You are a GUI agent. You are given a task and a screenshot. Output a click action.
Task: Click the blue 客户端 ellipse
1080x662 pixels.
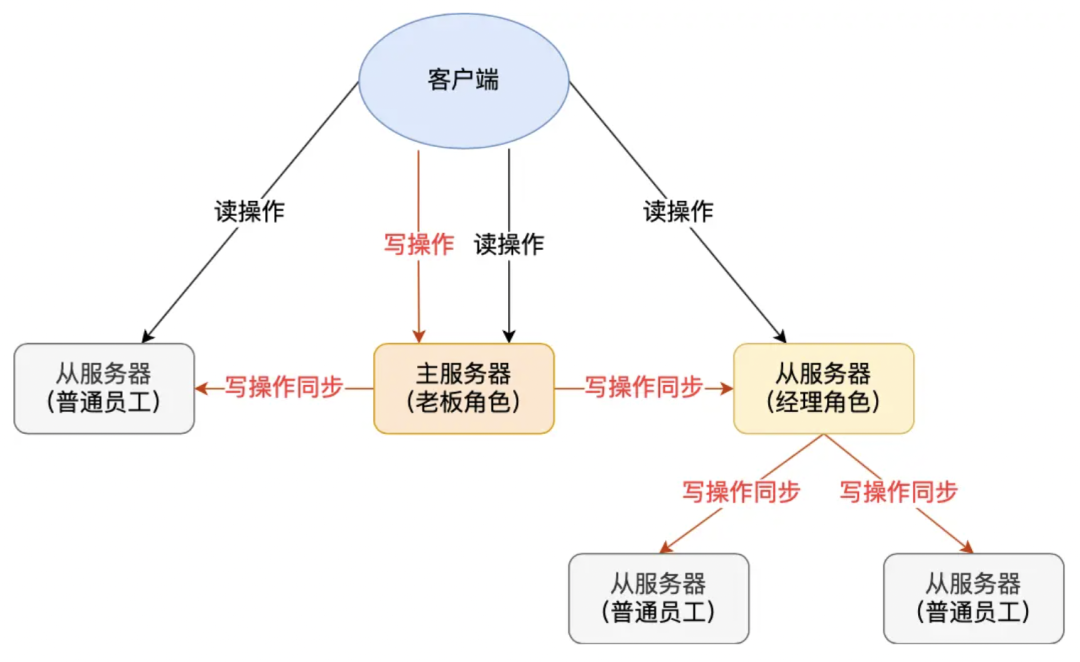463,81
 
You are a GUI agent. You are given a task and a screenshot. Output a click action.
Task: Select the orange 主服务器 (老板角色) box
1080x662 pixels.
463,388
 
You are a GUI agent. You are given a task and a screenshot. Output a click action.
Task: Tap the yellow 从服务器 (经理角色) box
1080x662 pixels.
823,388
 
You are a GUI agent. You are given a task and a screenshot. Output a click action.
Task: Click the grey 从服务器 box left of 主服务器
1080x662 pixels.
104,388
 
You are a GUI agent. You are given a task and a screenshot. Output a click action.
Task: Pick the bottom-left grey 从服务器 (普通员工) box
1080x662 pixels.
658,598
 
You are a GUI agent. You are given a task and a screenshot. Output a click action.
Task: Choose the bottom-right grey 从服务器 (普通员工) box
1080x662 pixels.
973,598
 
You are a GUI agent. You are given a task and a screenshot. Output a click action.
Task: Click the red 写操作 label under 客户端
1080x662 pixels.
419,244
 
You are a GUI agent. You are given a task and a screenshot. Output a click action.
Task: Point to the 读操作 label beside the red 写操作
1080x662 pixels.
509,244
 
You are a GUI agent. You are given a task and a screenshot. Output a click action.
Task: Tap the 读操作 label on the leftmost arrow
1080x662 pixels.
249,211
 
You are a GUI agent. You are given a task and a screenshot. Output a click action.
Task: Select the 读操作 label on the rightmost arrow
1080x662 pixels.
678,211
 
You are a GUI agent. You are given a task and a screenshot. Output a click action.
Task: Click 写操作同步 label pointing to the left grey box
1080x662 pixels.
284,388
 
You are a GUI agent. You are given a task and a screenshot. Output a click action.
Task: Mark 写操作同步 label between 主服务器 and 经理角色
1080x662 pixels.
644,388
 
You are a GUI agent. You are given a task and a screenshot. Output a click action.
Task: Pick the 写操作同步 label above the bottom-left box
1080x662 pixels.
741,492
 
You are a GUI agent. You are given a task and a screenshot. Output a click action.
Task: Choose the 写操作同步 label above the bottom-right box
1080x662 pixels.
899,492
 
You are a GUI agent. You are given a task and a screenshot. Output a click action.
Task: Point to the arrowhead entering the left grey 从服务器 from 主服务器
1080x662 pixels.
201,388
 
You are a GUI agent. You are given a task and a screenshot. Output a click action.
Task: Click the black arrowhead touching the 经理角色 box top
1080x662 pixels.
779,337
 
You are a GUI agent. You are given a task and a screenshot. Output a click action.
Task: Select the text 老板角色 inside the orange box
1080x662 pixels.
462,402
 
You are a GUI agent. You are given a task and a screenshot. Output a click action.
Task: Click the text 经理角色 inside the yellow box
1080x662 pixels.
823,402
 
